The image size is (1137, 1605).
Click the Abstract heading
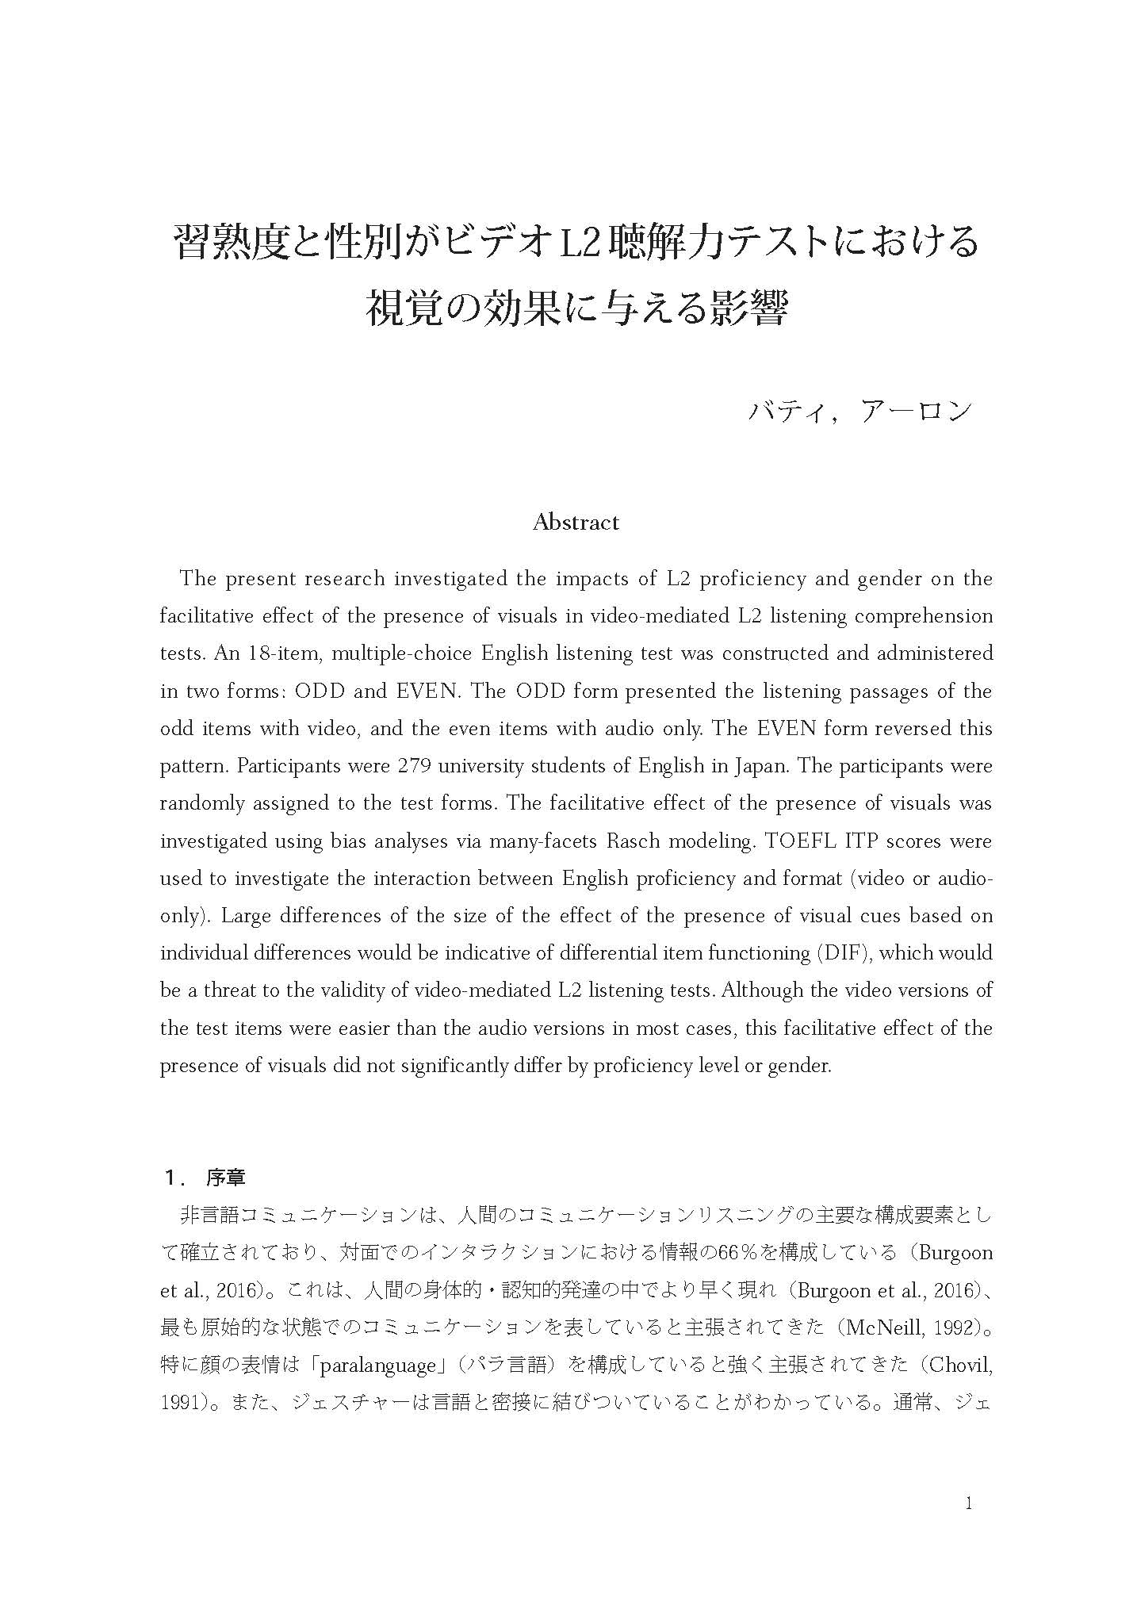click(x=576, y=523)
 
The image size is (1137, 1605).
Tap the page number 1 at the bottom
click(x=968, y=1503)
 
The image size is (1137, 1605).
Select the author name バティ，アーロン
click(x=859, y=412)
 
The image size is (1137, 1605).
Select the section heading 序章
click(x=226, y=1178)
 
